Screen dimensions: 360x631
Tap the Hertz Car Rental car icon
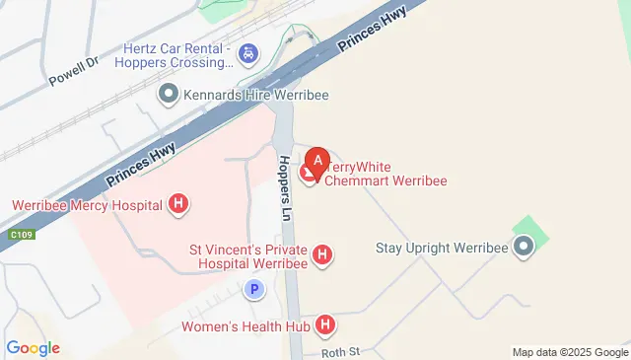coord(249,52)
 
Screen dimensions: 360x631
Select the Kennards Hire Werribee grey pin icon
coord(169,95)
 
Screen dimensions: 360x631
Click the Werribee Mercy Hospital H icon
coord(178,205)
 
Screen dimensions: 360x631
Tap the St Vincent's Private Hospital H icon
coord(321,256)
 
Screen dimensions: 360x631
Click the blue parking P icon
coord(254,290)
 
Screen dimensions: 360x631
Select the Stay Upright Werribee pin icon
coord(524,247)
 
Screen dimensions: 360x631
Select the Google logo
coord(33,347)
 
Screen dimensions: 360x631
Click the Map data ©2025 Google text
coord(570,352)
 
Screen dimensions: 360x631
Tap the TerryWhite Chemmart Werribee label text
coord(385,174)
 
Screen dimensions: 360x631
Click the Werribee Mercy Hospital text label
coord(88,205)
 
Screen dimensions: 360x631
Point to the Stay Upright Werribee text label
coord(441,247)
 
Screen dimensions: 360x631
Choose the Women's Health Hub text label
coord(245,325)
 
